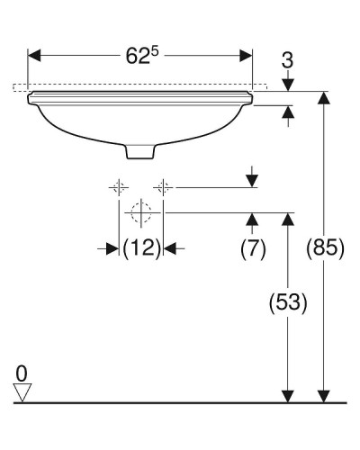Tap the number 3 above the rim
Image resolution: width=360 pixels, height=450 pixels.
coord(289,63)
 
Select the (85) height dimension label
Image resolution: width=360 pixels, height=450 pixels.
coord(325,248)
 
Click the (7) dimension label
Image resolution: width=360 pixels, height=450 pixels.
coord(253,248)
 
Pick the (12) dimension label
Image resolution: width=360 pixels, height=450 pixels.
coord(141,248)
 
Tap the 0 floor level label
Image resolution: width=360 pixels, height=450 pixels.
coord(22,371)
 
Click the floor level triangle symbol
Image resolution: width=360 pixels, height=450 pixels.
coord(23,391)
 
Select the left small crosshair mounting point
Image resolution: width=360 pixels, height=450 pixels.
coord(117,187)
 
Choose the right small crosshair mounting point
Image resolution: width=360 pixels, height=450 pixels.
coord(163,187)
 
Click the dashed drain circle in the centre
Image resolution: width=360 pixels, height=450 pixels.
coord(140,213)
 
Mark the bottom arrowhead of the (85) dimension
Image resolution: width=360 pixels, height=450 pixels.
coord(323,394)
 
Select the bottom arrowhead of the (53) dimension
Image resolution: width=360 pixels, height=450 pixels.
coord(289,394)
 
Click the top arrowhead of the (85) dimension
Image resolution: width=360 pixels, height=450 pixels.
coord(323,97)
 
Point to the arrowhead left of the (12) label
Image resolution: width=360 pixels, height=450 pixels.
coord(112,248)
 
